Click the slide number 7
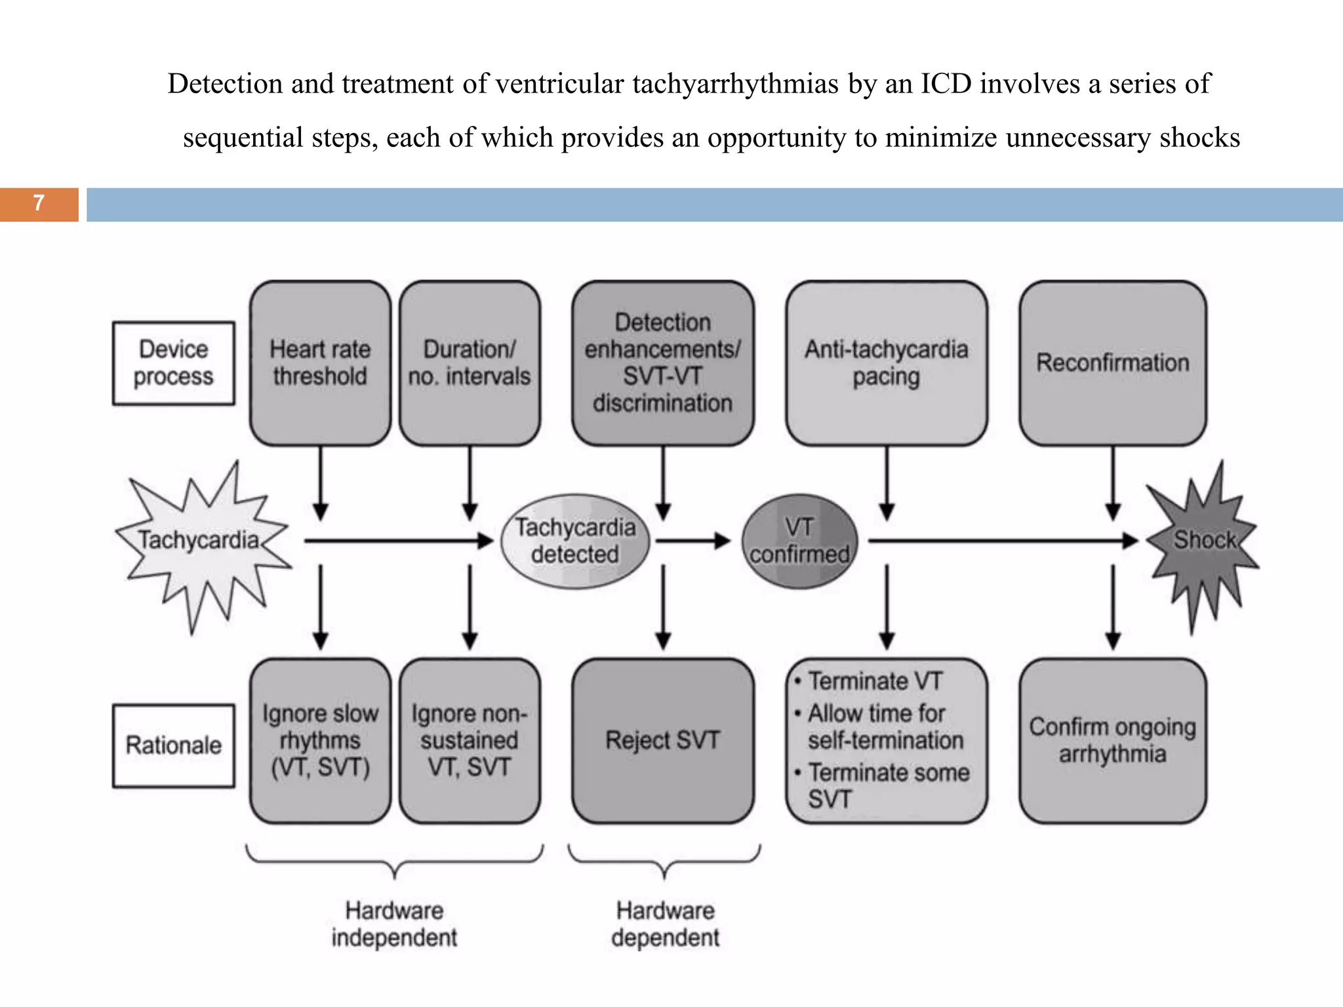point(39,203)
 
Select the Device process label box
point(174,363)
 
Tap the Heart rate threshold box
point(320,363)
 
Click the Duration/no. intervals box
point(470,363)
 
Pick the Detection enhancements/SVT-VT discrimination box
point(662,363)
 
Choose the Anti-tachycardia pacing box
point(887,363)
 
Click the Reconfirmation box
point(1112,363)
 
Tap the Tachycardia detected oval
point(575,542)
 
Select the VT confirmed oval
point(799,542)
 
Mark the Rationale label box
point(174,745)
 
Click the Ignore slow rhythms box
point(320,741)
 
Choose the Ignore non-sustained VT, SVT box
point(470,741)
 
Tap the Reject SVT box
point(662,741)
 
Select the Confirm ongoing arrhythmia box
point(1112,741)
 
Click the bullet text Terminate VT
point(875,682)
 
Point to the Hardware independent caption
point(394,924)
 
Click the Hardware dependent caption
point(665,924)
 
